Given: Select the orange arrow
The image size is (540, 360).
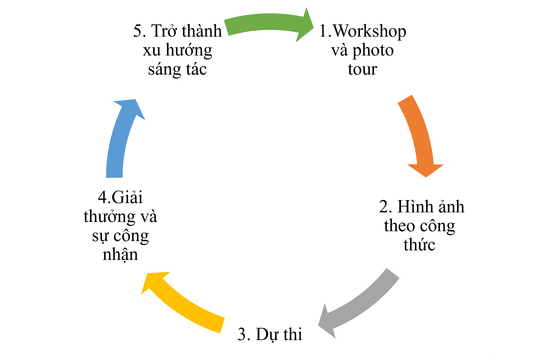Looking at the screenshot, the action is pyautogui.click(x=418, y=134).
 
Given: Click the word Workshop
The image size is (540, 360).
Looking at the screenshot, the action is pyautogui.click(x=370, y=31).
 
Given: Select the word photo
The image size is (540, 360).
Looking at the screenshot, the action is pyautogui.click(x=373, y=52).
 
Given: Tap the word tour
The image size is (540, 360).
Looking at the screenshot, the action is pyautogui.click(x=362, y=70).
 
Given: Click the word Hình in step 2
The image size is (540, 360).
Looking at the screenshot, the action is pyautogui.click(x=412, y=207).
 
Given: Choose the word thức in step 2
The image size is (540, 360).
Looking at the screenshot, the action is pyautogui.click(x=419, y=244).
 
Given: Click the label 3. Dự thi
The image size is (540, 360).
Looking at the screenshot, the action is pyautogui.click(x=270, y=335).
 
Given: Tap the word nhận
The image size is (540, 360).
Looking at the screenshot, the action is pyautogui.click(x=120, y=255).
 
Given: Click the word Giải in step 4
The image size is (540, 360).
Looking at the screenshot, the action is pyautogui.click(x=127, y=197).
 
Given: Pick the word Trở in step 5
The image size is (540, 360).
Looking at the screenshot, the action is pyautogui.click(x=164, y=31).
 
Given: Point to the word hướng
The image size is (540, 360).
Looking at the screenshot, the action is pyautogui.click(x=189, y=51).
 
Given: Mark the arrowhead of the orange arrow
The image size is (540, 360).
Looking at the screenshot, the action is pyautogui.click(x=426, y=170).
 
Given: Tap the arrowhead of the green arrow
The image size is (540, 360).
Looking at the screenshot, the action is pyautogui.click(x=306, y=25).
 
